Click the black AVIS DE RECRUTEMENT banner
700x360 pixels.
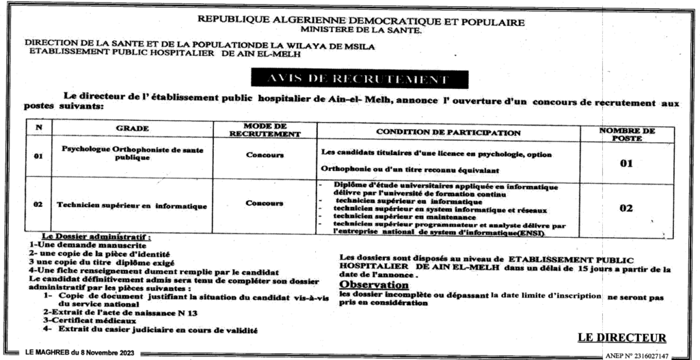click(x=350, y=79)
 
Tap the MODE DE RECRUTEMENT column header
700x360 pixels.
click(x=265, y=129)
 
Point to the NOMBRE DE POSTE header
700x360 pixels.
click(x=626, y=133)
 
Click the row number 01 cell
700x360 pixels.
click(x=39, y=157)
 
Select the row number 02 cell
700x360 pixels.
click(x=39, y=204)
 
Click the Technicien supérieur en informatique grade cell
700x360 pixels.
click(x=132, y=204)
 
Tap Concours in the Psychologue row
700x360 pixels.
click(x=265, y=155)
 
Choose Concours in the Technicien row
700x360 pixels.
click(x=265, y=203)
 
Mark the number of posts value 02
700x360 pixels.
click(x=625, y=208)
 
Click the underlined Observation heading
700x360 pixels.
click(x=374, y=284)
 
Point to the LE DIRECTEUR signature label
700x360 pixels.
click(x=621, y=337)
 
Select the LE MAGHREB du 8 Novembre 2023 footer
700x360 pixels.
click(x=79, y=352)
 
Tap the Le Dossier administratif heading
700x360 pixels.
click(x=96, y=236)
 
